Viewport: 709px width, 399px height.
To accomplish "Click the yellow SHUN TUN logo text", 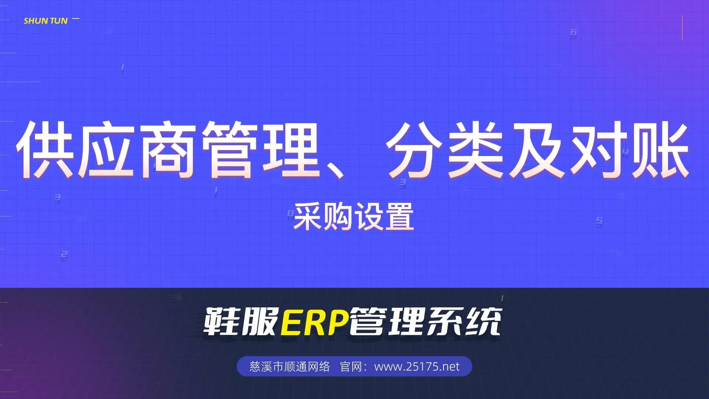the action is (x=46, y=21).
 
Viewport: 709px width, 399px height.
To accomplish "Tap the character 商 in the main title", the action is (x=168, y=149).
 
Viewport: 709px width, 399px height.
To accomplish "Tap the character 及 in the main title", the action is (x=538, y=149).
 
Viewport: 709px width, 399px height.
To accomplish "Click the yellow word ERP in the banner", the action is (x=315, y=322).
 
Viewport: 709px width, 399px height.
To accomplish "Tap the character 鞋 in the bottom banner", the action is (x=222, y=322).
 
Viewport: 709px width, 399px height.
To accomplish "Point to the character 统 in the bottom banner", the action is (x=483, y=322).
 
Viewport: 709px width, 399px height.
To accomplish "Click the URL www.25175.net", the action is (x=417, y=366).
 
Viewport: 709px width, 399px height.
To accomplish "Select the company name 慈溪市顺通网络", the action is (x=290, y=366).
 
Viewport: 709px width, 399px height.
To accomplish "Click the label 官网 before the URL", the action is (x=350, y=366).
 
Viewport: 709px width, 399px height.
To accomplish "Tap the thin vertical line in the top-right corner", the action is (x=682, y=28).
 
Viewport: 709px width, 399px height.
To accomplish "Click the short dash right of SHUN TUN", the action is (x=76, y=18).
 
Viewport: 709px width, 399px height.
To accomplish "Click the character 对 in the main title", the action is (x=599, y=149).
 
